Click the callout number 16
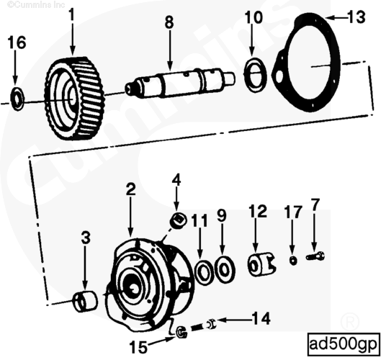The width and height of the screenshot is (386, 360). (x=17, y=43)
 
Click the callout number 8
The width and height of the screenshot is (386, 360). (x=169, y=22)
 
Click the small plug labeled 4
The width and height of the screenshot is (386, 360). (x=177, y=218)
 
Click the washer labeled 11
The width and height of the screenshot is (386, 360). (x=204, y=271)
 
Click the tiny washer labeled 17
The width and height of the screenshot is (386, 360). (x=293, y=259)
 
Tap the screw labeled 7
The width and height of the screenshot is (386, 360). (x=315, y=255)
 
